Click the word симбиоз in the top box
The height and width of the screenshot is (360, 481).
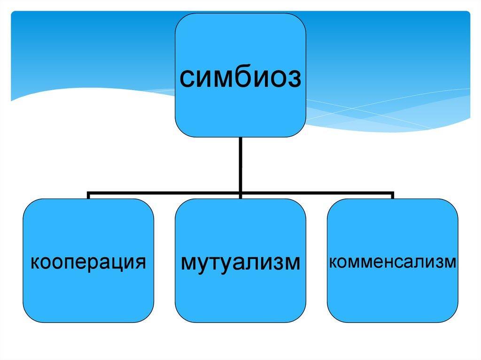[240, 78]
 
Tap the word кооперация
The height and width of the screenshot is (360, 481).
[88, 263]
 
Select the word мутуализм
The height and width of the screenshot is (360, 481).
[240, 263]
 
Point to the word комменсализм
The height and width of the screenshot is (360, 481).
[393, 262]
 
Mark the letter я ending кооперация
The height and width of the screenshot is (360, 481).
[140, 263]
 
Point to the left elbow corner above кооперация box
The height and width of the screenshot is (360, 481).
[88, 193]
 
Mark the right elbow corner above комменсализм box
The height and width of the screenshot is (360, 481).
[392, 193]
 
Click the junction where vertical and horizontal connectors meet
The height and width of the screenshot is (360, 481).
[240, 193]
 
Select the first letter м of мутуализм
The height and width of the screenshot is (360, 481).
[189, 263]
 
